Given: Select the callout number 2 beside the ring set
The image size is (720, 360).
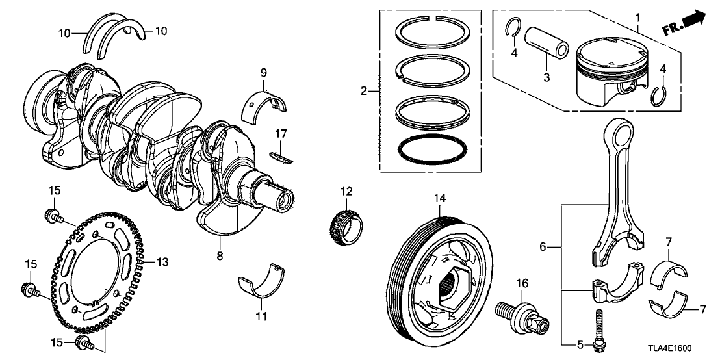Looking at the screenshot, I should [364, 91].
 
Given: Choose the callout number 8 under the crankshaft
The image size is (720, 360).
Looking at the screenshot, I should [220, 256].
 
